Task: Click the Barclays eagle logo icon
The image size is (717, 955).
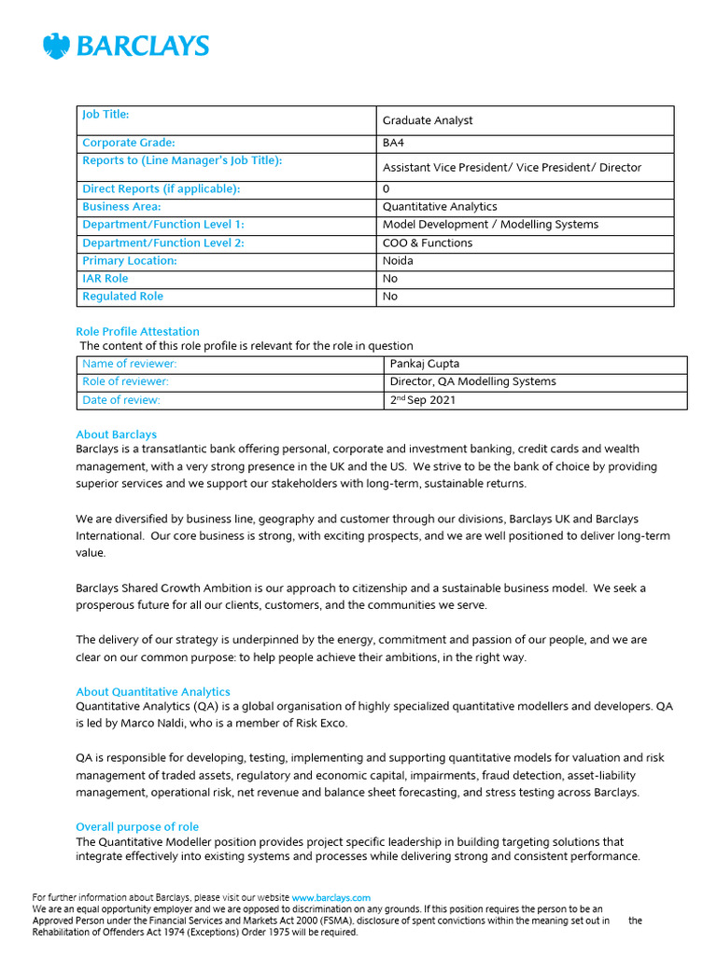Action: tap(57, 47)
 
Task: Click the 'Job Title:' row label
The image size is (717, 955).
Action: tap(105, 115)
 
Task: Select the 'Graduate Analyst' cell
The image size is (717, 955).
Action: tap(428, 120)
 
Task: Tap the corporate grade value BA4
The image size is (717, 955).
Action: tap(394, 144)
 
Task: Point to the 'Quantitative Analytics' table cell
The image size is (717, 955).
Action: tap(440, 207)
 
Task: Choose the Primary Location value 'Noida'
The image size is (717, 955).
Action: tap(398, 261)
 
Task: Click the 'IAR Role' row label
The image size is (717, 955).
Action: tap(105, 279)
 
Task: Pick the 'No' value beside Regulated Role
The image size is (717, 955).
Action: tap(390, 297)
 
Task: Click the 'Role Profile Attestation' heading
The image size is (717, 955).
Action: tap(137, 331)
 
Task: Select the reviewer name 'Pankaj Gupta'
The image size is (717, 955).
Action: tap(425, 364)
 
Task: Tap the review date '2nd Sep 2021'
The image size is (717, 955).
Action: tap(423, 400)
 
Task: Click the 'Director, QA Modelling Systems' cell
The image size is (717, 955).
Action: tap(472, 381)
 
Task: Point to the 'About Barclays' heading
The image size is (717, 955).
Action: tap(116, 435)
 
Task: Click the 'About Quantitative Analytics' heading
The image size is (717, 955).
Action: tap(152, 692)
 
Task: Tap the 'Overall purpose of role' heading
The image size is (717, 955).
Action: tap(136, 827)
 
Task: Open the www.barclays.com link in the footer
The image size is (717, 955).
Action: tap(331, 898)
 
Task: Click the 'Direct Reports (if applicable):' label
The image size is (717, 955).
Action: tap(162, 189)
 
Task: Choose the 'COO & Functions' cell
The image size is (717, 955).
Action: tap(428, 243)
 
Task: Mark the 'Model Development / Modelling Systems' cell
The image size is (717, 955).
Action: tap(490, 225)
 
